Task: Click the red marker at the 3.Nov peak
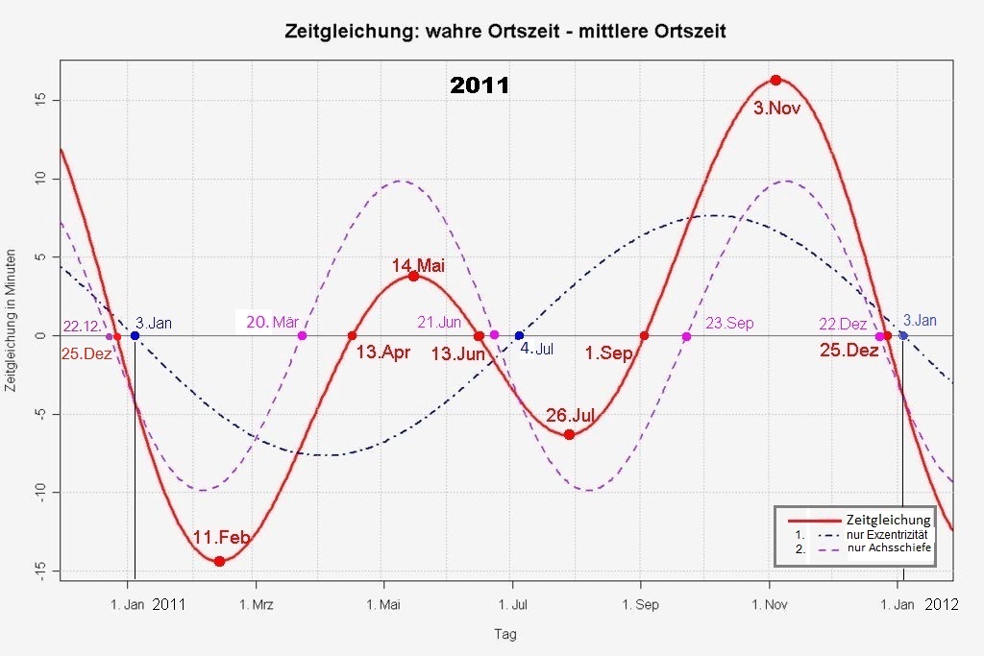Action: [775, 80]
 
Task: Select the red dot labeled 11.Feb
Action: [219, 561]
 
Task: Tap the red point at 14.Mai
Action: [413, 276]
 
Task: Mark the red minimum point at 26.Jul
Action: [569, 434]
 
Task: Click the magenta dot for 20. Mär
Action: [302, 335]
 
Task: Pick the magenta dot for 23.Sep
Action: [686, 336]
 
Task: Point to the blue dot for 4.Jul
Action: [519, 335]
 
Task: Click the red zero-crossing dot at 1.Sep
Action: [644, 335]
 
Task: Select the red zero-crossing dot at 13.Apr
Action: [352, 335]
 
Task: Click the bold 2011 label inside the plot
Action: [480, 85]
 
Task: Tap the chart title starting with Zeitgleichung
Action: [504, 31]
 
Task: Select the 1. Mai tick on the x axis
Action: [383, 605]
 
